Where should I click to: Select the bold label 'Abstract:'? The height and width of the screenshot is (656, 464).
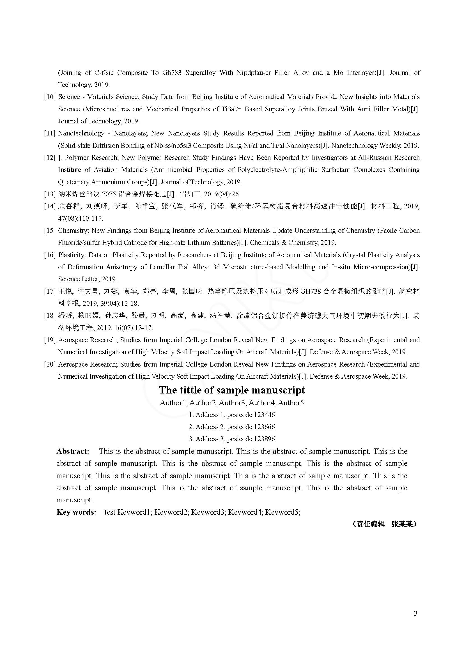[x=73, y=452]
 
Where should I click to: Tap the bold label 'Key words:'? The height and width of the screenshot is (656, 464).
[x=76, y=512]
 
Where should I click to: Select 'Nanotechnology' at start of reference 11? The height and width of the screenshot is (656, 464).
[x=81, y=133]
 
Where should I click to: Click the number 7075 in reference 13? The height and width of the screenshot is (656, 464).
[x=109, y=194]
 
